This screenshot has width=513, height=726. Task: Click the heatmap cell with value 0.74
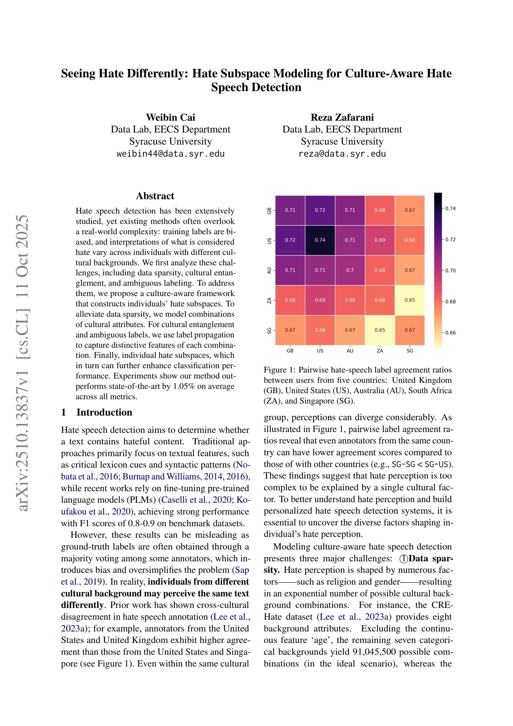(x=320, y=240)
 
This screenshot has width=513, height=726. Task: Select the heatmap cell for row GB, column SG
(x=410, y=210)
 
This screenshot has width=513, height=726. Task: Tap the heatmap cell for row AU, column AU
(x=350, y=270)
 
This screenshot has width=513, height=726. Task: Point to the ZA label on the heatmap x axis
(x=380, y=351)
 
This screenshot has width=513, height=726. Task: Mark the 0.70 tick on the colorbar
(x=450, y=271)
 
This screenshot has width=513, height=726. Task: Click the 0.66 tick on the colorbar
(x=450, y=333)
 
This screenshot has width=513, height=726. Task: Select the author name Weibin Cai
(x=170, y=117)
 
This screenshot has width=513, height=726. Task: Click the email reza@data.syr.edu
(x=342, y=154)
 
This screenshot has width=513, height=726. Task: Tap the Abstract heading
(x=155, y=196)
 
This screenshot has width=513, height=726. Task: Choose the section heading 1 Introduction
(x=97, y=412)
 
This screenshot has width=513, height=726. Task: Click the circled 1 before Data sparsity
(x=404, y=559)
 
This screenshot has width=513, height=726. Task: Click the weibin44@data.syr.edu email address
(x=170, y=154)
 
